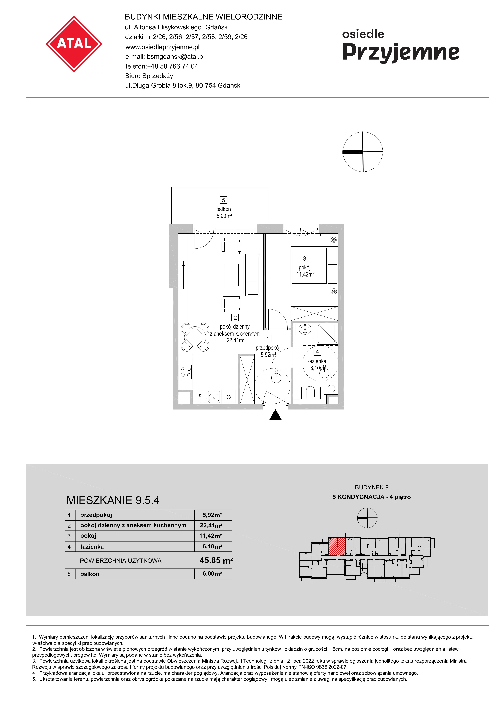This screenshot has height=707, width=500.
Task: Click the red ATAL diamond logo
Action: (x=74, y=44)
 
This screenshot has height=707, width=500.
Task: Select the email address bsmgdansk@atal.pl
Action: (x=176, y=57)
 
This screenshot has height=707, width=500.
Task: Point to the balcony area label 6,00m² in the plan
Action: (x=224, y=216)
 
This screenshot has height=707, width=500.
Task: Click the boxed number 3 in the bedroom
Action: (x=304, y=259)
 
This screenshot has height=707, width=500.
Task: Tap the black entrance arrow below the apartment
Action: (x=276, y=415)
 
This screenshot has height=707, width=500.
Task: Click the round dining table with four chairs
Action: (x=195, y=337)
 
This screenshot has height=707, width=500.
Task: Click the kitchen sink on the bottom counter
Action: (x=214, y=397)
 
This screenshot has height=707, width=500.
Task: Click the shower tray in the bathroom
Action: (x=327, y=334)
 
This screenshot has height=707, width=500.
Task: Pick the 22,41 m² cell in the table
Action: (x=211, y=525)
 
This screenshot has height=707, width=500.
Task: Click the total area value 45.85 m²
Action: (x=216, y=560)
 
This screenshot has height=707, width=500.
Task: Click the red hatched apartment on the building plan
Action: (x=336, y=547)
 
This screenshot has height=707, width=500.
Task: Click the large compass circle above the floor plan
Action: (x=363, y=152)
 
